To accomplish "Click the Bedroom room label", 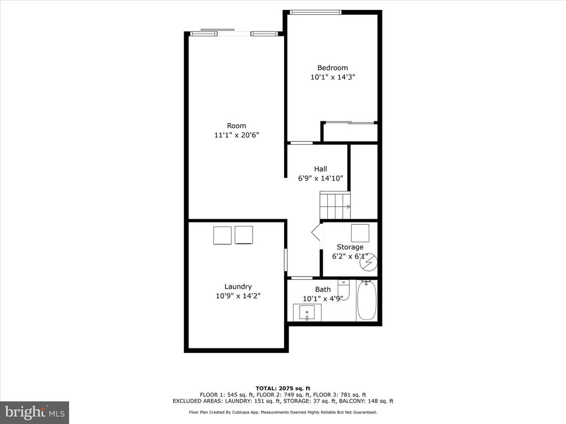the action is (332, 68).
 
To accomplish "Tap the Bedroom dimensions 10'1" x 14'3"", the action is (333, 77).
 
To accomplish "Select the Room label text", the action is (237, 126).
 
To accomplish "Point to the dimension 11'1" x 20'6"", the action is (237, 135).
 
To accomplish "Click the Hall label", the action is (321, 169).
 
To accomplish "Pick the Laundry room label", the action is (238, 287).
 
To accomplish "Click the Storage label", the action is (350, 247).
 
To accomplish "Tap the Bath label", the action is (323, 289).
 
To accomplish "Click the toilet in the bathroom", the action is (344, 289).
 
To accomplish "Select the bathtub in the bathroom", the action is (367, 300).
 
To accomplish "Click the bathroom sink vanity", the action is (307, 312).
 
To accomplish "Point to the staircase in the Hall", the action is (335, 205).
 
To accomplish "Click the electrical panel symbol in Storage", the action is (369, 262).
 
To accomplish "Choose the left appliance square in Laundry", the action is (222, 235).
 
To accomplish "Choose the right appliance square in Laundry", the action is (244, 235).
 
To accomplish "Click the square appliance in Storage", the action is (360, 233).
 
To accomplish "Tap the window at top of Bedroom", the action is (316, 13).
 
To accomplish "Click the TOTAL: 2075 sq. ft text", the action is (283, 388).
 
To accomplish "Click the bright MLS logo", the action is (35, 412).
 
